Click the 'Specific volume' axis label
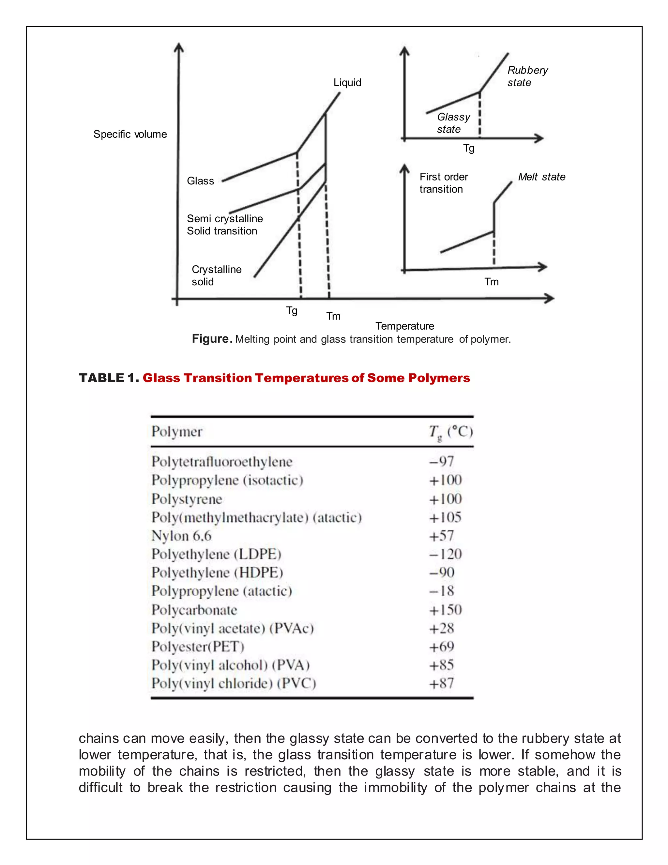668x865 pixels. click(130, 134)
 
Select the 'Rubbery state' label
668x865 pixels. click(527, 76)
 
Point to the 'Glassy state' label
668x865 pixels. click(453, 123)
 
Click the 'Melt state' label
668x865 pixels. click(541, 177)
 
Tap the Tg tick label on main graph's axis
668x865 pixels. click(292, 310)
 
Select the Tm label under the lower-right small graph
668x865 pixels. click(491, 282)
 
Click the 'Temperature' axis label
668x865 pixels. click(404, 326)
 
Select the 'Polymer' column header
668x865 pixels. click(177, 431)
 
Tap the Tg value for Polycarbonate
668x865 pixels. click(446, 609)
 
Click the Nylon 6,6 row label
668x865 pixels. click(182, 536)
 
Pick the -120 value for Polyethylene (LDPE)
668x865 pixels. click(446, 554)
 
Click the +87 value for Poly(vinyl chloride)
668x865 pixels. click(442, 683)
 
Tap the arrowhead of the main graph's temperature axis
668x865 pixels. click(550, 298)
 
